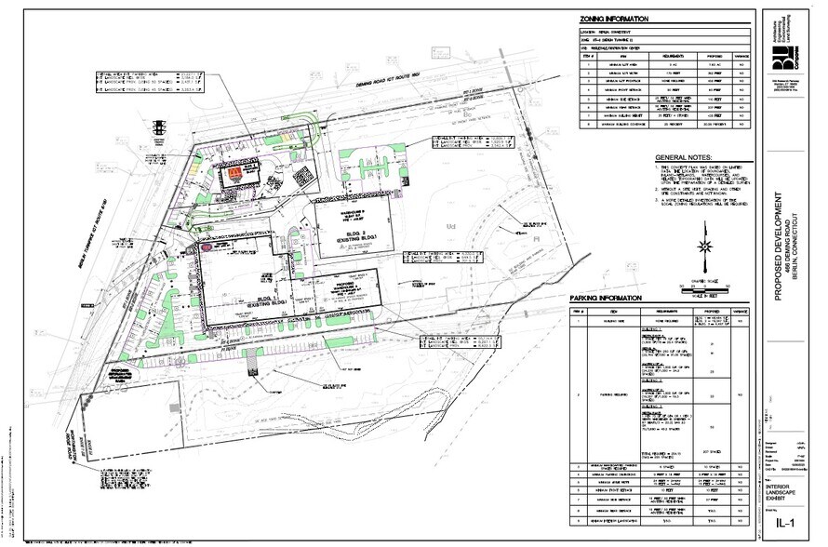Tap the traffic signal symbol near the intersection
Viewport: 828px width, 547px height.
pyautogui.click(x=163, y=127)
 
